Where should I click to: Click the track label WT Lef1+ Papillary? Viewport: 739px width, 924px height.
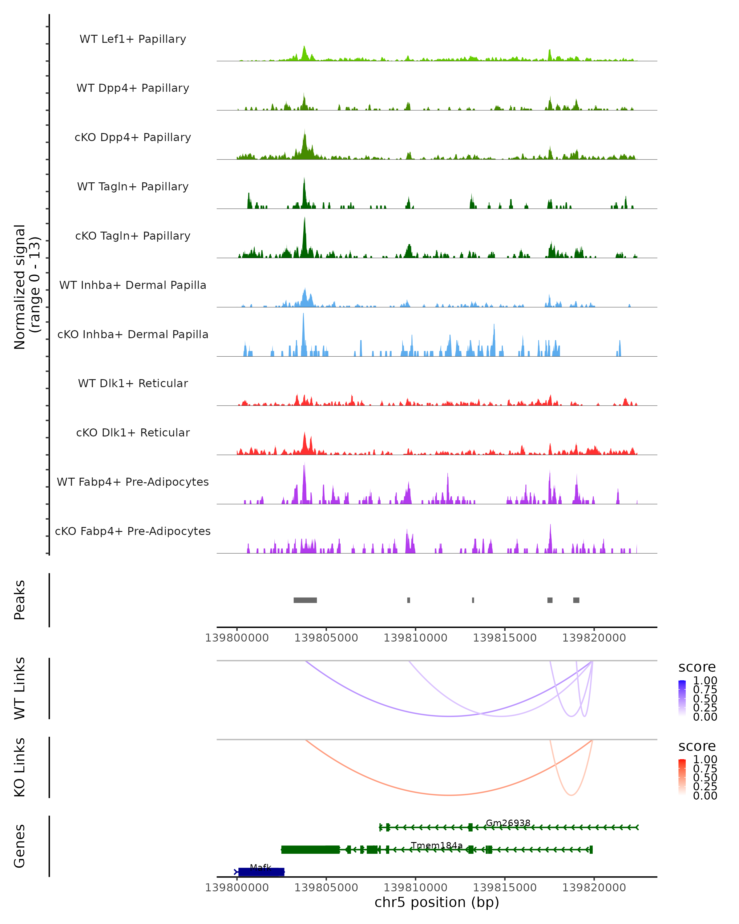point(133,39)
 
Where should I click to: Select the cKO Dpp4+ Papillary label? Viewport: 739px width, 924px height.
point(133,138)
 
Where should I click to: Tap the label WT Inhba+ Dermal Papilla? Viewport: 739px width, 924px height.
point(133,286)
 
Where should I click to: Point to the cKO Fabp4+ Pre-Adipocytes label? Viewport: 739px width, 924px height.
point(133,531)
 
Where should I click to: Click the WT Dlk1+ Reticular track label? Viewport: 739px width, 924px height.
point(133,383)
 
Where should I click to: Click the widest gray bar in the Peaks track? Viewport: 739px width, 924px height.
point(305,600)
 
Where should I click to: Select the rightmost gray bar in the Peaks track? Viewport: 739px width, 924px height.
point(576,600)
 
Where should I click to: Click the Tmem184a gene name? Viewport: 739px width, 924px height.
point(437,845)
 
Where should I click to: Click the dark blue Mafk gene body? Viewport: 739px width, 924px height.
point(261,872)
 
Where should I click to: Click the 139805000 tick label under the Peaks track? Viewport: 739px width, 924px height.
point(326,638)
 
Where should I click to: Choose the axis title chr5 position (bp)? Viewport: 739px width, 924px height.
point(437,902)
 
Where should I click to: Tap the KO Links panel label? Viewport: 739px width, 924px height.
point(20,768)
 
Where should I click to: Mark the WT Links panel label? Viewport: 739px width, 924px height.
point(20,689)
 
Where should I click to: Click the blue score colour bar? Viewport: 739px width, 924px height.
point(682,698)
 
